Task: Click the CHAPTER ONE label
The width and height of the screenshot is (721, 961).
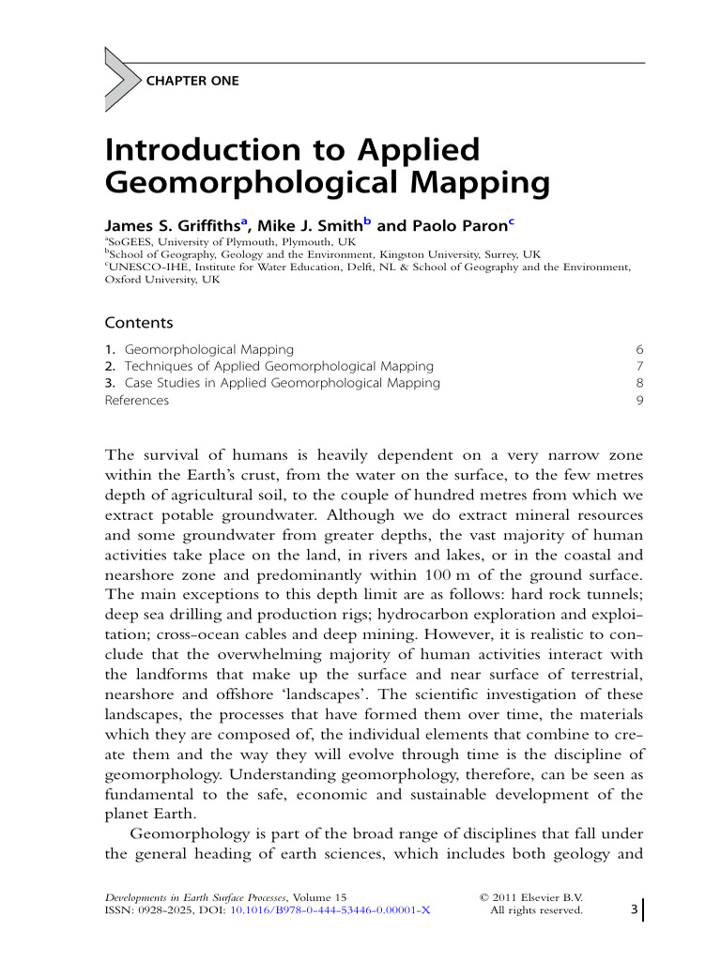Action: [x=192, y=81]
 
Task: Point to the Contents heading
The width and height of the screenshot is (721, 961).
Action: [x=139, y=323]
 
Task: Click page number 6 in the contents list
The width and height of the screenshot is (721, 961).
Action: [x=639, y=349]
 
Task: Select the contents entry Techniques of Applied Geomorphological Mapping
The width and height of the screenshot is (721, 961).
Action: [x=279, y=366]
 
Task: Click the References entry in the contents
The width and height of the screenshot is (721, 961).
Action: [x=137, y=400]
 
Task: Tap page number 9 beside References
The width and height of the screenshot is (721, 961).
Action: [x=639, y=400]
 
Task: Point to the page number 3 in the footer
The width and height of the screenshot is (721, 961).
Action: [x=634, y=908]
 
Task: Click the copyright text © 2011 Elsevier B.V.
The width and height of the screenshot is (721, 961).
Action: [x=531, y=897]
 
